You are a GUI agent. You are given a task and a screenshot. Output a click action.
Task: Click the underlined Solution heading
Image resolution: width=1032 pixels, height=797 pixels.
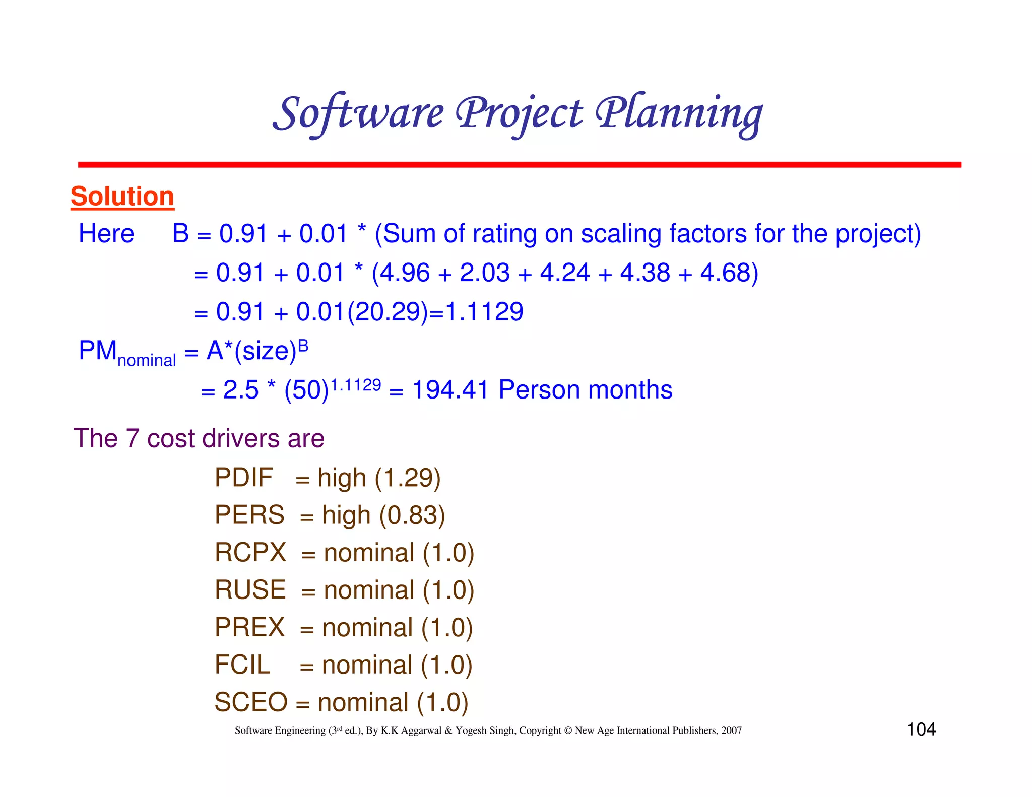122,196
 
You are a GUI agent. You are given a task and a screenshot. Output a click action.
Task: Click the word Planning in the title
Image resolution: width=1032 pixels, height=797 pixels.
679,114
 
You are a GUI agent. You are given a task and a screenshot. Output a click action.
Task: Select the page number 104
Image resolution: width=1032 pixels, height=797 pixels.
921,729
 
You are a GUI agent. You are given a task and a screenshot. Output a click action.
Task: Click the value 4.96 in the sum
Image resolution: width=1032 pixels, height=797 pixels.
405,273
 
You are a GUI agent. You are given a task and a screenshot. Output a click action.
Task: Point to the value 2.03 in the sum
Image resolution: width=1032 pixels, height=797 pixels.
485,273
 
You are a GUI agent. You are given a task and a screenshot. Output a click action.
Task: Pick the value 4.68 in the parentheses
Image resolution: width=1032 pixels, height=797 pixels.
725,273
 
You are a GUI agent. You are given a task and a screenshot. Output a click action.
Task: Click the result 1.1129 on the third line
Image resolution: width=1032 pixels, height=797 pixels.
484,312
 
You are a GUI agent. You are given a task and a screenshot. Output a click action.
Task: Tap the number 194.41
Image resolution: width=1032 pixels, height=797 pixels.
450,390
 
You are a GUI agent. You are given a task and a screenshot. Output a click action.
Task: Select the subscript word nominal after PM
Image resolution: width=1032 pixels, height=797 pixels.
147,360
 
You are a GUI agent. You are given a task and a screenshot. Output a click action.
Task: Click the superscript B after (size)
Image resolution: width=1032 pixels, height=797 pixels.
303,346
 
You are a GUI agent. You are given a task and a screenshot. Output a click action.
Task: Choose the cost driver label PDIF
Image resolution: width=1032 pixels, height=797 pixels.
243,477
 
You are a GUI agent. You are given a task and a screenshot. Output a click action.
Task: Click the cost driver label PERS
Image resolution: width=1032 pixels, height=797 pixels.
249,515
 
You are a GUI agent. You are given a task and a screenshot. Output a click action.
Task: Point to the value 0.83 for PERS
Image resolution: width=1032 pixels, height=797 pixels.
412,515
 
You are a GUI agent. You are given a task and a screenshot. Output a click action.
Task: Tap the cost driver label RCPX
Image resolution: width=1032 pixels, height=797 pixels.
250,552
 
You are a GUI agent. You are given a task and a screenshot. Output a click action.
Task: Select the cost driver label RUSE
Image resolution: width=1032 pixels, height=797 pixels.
250,589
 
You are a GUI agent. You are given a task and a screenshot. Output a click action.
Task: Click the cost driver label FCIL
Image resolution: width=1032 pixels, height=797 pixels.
242,665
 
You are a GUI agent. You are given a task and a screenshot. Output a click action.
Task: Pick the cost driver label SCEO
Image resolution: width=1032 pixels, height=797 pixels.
250,702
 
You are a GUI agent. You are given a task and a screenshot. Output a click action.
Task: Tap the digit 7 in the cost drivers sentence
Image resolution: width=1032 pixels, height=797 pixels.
132,438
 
